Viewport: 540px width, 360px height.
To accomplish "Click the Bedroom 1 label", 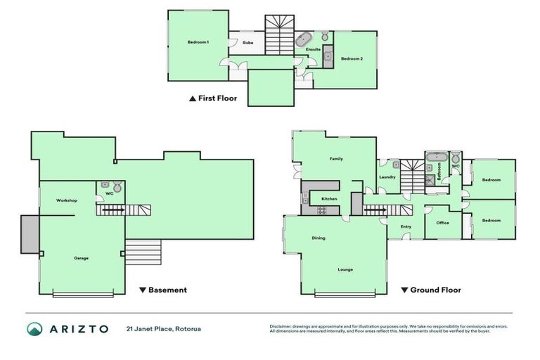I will pos(198,43).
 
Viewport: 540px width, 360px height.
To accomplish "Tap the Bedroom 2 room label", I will pos(352,58).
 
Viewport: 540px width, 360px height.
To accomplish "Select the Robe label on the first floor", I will pos(247,43).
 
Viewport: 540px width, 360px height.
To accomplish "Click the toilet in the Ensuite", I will pos(325,37).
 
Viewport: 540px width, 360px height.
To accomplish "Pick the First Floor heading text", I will pos(217,99).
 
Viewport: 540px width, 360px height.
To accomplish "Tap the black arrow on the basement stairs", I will pos(112,209).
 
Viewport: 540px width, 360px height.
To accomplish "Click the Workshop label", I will pos(67,200).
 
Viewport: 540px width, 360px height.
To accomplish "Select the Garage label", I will pos(81,258).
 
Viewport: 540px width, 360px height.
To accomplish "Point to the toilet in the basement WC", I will pos(117,188).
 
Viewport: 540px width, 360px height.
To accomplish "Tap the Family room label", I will pos(336,160).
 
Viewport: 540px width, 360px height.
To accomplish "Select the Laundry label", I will pos(387,177).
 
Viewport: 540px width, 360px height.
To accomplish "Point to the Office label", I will pos(442,223).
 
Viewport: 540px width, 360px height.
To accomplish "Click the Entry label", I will pos(406,226).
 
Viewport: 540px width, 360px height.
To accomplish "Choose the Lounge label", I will pos(345,269).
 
